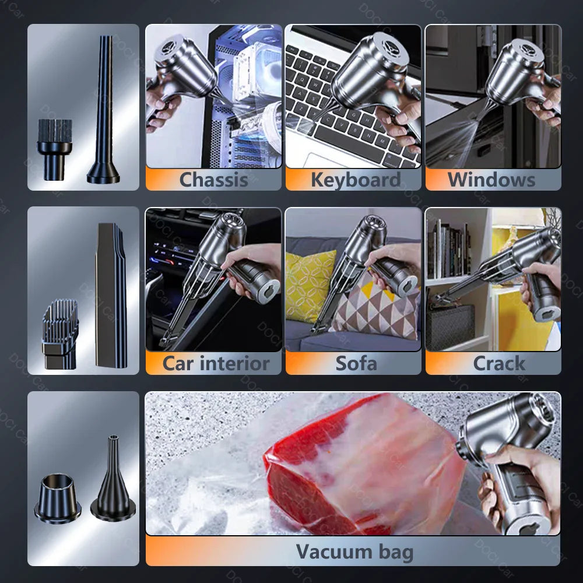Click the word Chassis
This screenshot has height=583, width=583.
[213, 180]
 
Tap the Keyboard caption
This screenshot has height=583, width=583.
[355, 180]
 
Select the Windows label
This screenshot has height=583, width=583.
[491, 180]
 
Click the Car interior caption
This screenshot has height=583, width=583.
[216, 363]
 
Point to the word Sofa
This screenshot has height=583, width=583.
[356, 363]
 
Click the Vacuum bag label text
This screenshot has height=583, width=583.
[354, 552]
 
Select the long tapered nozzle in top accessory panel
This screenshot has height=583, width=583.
[104, 111]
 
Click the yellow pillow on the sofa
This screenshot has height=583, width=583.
[310, 286]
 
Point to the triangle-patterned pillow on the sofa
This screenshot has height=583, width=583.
[379, 309]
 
